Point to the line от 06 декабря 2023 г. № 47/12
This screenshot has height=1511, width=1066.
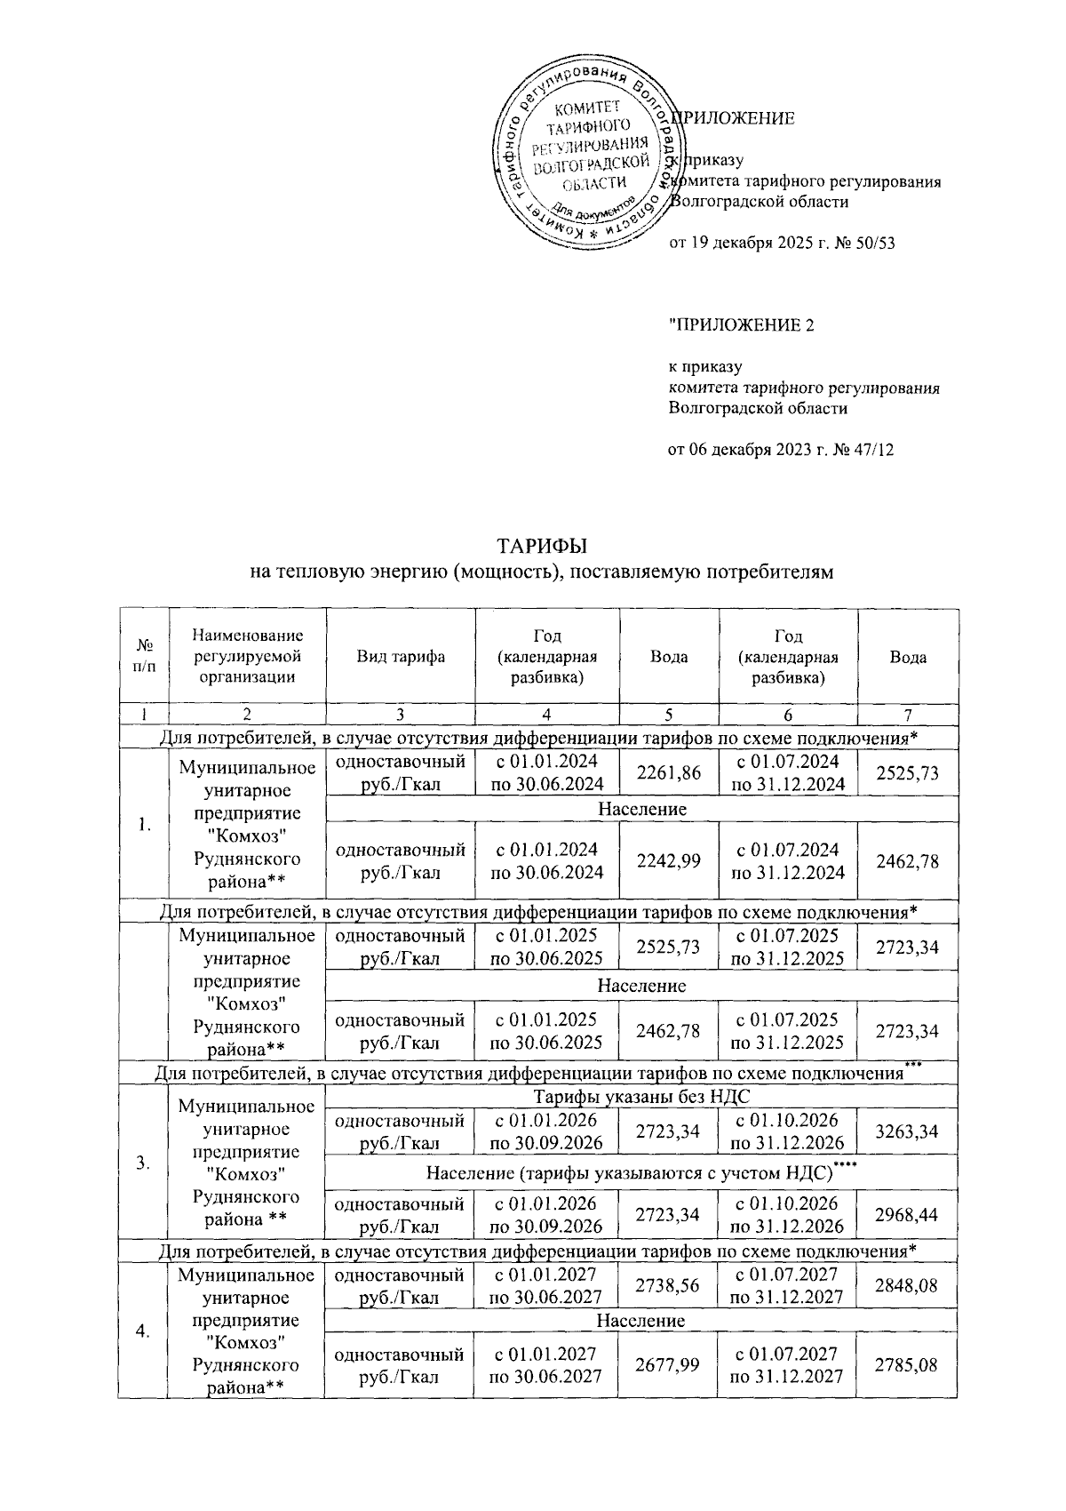780,450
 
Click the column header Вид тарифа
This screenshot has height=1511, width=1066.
401,657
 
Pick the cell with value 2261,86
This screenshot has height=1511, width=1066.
668,772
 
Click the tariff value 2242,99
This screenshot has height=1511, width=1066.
668,860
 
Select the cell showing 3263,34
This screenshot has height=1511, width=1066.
907,1131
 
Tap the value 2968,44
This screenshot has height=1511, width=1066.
907,1215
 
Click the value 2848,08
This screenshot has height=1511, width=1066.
907,1284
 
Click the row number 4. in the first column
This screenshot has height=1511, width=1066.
143,1330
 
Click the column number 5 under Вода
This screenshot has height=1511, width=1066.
668,715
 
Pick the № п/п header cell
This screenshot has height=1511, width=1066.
143,657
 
